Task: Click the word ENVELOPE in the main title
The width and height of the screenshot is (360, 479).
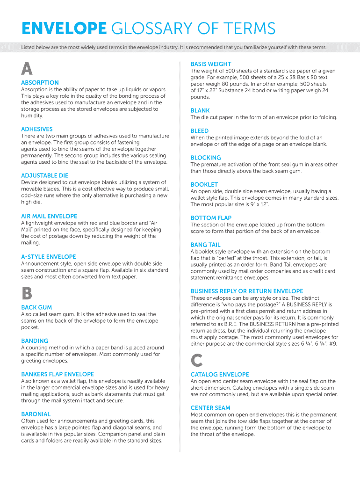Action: [64, 29]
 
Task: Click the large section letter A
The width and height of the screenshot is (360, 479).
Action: [27, 69]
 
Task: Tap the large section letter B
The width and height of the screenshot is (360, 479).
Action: [27, 293]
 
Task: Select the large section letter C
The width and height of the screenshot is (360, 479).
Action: [197, 360]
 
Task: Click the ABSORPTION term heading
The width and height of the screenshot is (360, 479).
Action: [40, 83]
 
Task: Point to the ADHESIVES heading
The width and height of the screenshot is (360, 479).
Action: [37, 129]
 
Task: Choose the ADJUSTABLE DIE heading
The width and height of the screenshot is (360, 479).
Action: [44, 176]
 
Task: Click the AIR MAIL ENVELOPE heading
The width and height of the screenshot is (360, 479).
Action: [49, 217]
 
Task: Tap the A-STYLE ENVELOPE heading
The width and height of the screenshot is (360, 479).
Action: [49, 257]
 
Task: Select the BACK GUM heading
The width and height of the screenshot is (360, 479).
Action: [36, 308]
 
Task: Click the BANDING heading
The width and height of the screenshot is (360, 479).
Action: [35, 341]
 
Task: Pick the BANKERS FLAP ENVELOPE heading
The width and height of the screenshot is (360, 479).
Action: [58, 374]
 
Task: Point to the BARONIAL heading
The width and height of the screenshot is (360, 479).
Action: [36, 414]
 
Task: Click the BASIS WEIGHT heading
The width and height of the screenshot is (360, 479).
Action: [211, 64]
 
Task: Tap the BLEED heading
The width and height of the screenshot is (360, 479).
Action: [200, 131]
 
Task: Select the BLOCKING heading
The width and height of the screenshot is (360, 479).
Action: [206, 158]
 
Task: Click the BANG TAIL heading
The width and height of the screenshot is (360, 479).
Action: [205, 245]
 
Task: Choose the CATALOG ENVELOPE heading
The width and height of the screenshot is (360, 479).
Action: [220, 375]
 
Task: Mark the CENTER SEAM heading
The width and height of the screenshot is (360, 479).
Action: [210, 408]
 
